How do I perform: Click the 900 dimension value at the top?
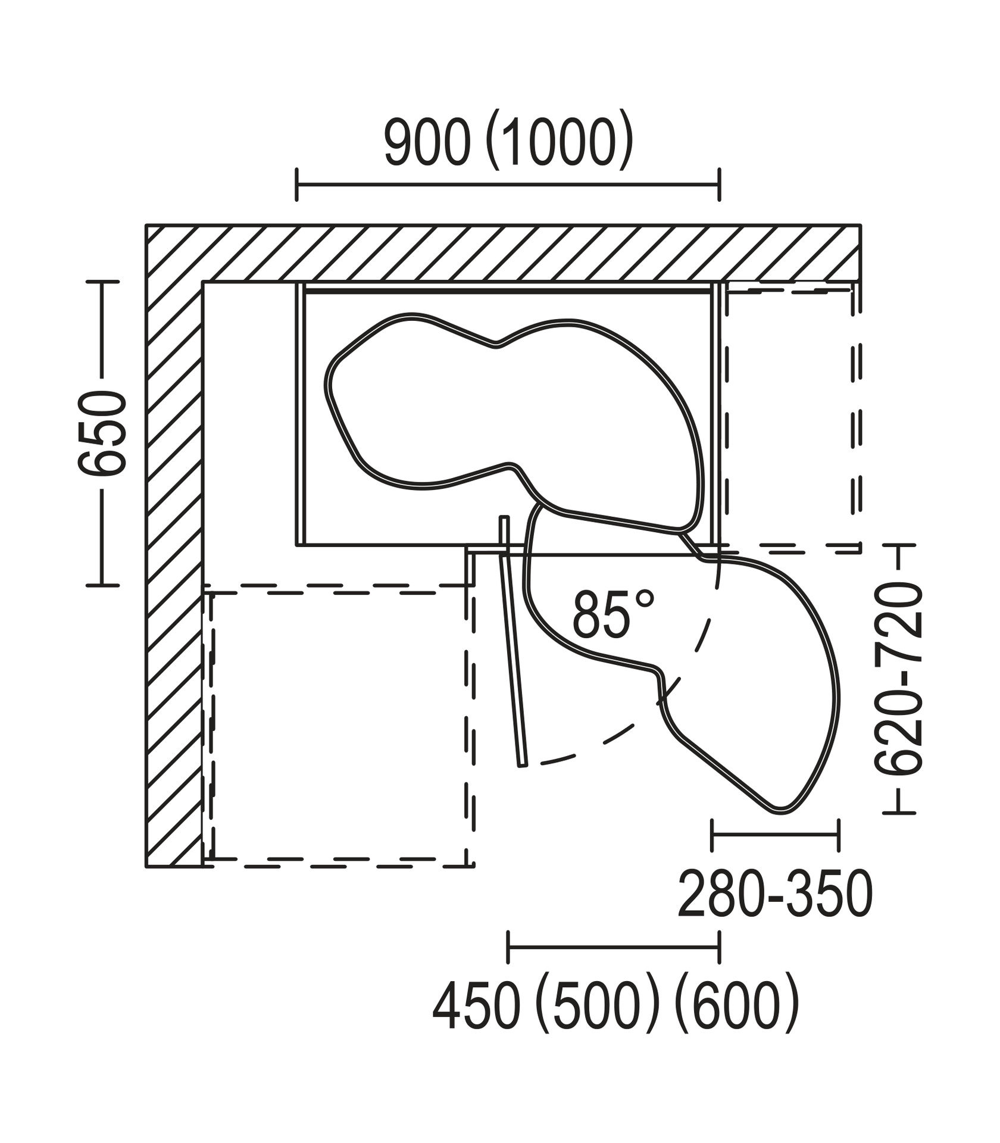[427, 142]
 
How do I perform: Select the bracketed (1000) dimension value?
[560, 142]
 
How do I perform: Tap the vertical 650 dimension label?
[102, 433]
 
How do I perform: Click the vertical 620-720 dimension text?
[898, 680]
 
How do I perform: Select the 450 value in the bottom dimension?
[476, 1008]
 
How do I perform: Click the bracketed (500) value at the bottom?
[598, 1008]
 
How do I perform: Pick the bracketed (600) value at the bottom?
[737, 1008]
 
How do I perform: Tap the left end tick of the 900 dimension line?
[296, 185]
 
